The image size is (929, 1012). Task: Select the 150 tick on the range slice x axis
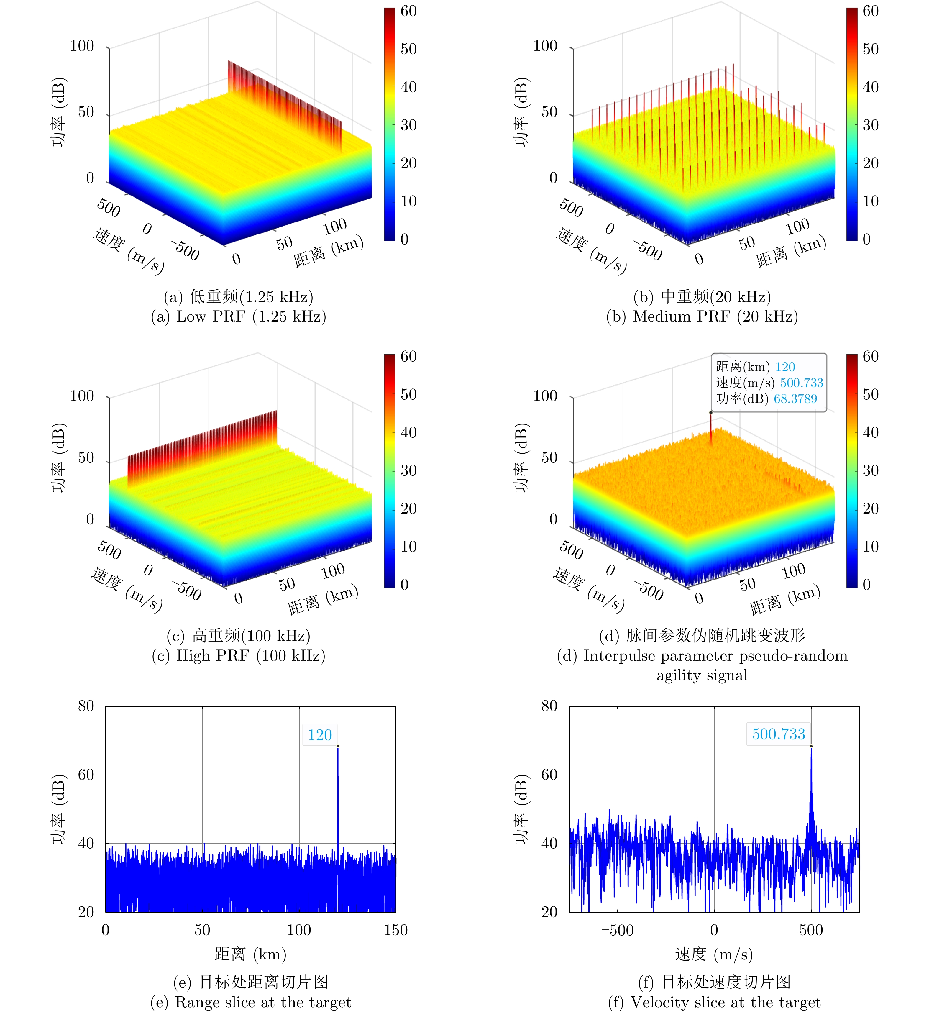tap(395, 930)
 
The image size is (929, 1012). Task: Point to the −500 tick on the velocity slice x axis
tap(617, 930)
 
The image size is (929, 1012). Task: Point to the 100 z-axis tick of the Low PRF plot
tap(82, 46)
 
